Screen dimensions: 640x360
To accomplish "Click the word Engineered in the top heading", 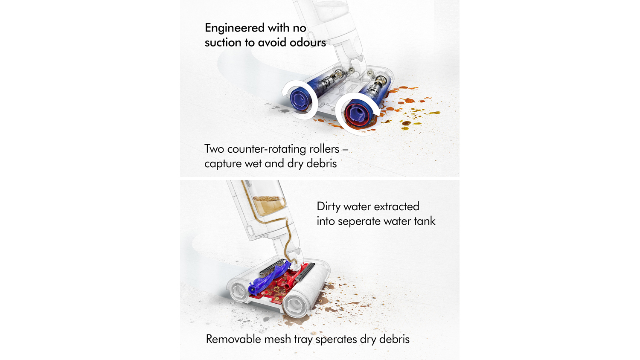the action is pos(235,28).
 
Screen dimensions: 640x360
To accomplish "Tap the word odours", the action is pos(308,42).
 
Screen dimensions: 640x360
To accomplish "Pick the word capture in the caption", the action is pos(223,164).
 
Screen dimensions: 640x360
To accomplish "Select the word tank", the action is pos(425,221).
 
